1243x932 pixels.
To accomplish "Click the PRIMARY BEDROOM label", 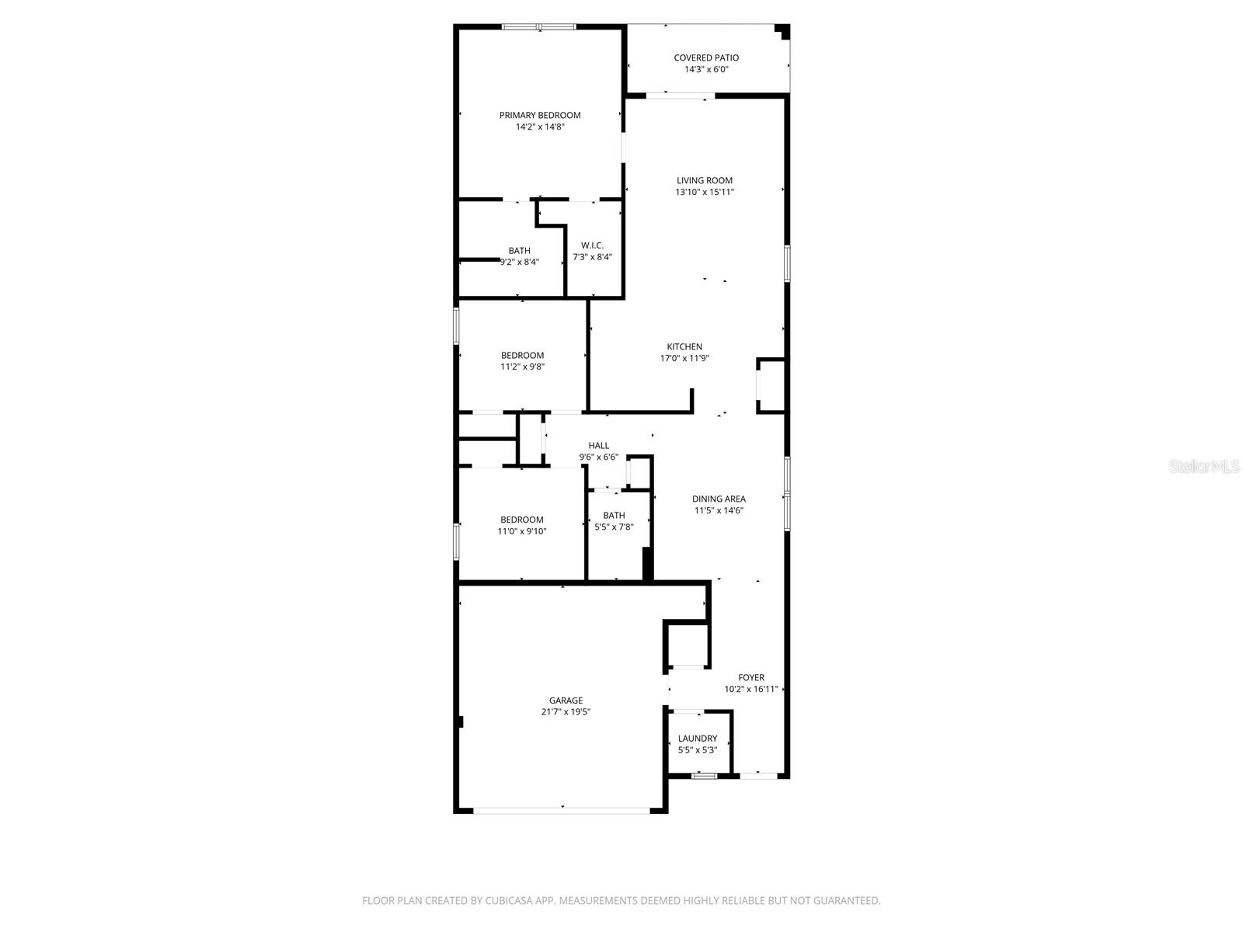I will click(x=540, y=115).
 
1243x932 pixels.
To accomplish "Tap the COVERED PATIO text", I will click(x=706, y=57).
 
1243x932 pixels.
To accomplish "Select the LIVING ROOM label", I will click(x=704, y=180).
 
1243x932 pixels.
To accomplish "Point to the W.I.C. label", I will click(x=592, y=245).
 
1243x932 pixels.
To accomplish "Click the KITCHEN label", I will click(x=684, y=347).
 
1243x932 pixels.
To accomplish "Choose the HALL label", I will click(x=598, y=446).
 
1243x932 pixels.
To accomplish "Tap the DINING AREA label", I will click(x=719, y=499).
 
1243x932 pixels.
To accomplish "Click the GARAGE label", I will click(x=566, y=701).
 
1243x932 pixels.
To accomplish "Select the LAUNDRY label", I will click(x=697, y=739).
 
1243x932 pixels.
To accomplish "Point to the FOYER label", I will click(x=751, y=678).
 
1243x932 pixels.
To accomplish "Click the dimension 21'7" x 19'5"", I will click(x=566, y=712).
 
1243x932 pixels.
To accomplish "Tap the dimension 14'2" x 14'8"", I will click(x=540, y=127).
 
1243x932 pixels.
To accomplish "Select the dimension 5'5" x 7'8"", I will click(x=614, y=527).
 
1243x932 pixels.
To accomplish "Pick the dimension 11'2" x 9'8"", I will click(x=522, y=367).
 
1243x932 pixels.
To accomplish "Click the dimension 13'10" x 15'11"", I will click(x=704, y=192).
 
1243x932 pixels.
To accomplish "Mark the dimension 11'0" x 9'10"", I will click(x=522, y=531).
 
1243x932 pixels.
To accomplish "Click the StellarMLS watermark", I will click(x=1204, y=467).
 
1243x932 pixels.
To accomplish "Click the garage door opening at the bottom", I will click(x=562, y=810).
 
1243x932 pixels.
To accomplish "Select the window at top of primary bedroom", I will click(x=539, y=27).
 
